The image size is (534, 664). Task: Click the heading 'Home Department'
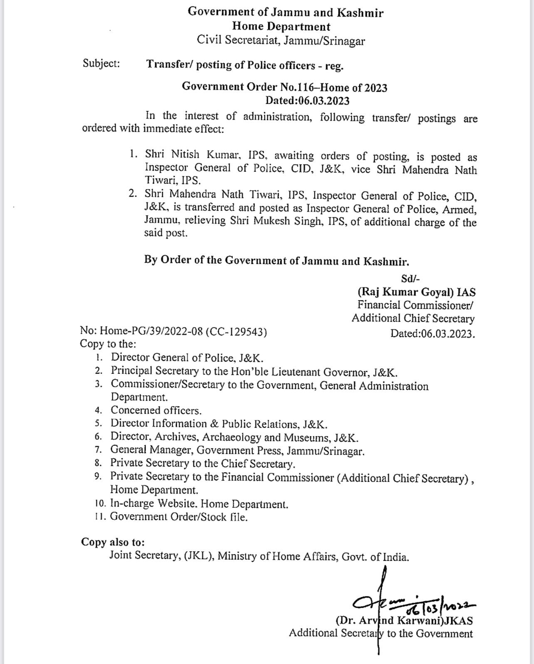coord(281,27)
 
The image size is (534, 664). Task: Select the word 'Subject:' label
coord(101,64)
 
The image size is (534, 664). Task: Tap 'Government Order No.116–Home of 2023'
coord(284,87)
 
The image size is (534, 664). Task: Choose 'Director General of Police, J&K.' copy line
coord(187,358)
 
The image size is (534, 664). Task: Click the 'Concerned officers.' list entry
coord(156,410)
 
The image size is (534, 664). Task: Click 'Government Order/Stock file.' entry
coord(179,517)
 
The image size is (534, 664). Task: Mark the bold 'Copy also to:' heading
coord(113,542)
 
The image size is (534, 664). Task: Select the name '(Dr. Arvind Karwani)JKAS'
coord(404,620)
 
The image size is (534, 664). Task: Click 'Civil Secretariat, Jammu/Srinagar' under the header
coord(281,40)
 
